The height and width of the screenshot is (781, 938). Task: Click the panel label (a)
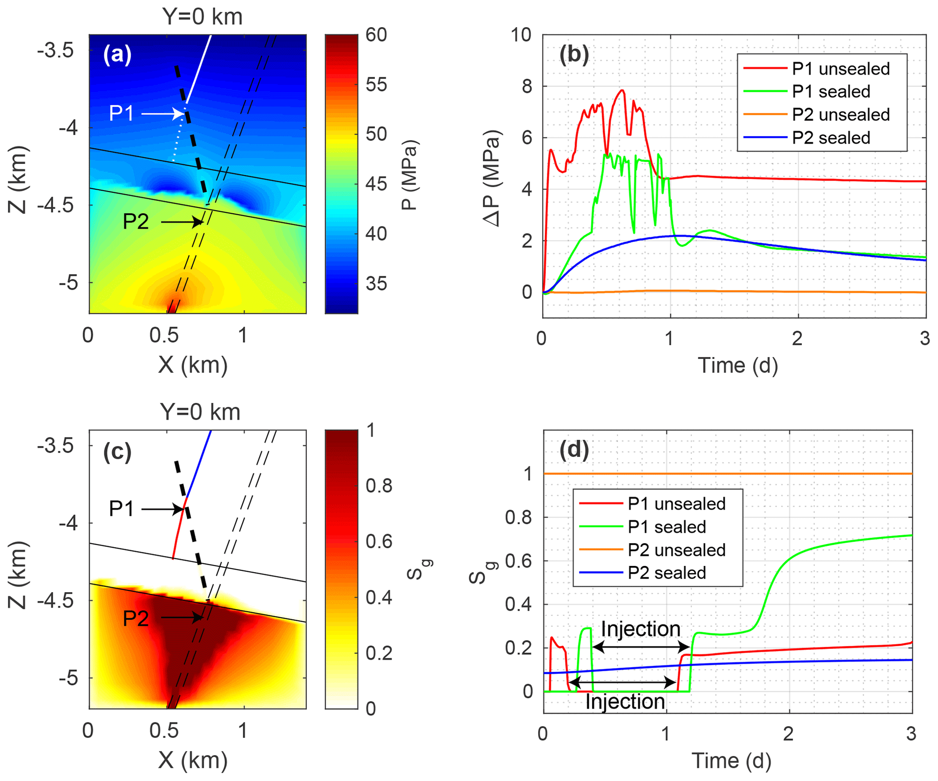[x=117, y=54]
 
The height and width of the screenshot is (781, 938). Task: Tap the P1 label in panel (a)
[x=121, y=113]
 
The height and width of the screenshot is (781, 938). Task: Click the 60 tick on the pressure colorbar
[x=376, y=35]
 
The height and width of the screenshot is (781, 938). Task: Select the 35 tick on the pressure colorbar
[x=376, y=284]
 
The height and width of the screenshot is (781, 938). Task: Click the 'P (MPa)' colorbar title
[x=410, y=175]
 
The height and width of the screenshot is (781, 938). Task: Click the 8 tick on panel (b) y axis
[x=527, y=86]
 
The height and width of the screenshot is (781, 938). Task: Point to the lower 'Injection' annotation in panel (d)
[x=625, y=702]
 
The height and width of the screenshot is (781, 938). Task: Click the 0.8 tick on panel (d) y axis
[x=518, y=517]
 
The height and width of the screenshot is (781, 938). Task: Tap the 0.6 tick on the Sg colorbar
[x=379, y=541]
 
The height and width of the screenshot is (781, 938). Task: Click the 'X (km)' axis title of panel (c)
[x=193, y=761]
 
